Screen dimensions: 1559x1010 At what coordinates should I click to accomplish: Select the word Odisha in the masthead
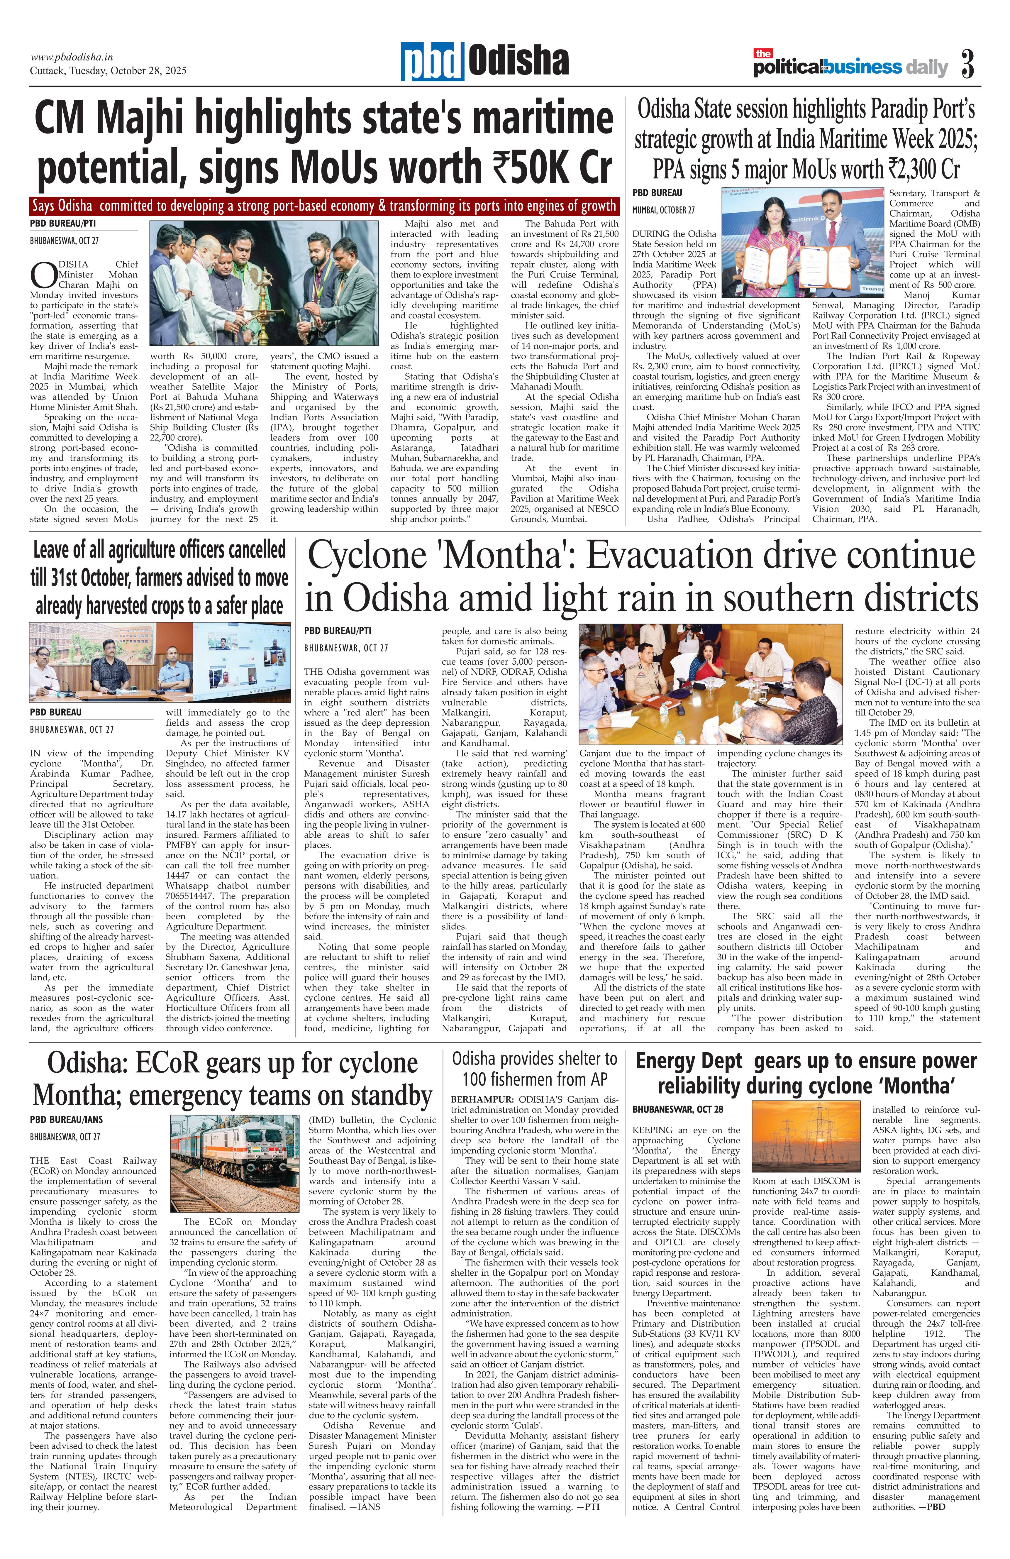pos(517,62)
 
